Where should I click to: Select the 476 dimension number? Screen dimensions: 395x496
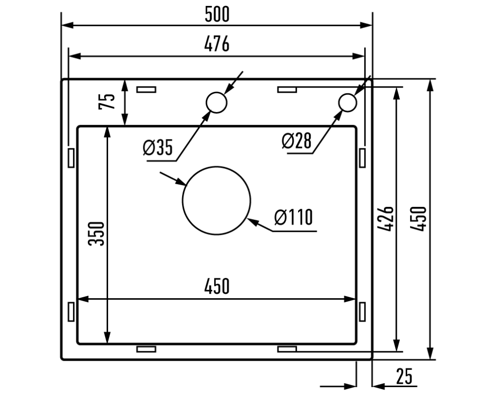217,45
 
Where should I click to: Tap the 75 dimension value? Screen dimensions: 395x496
108,102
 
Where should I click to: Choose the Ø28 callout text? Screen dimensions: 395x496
297,141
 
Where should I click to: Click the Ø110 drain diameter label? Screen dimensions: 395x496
293,217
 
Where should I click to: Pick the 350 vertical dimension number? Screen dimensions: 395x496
97,233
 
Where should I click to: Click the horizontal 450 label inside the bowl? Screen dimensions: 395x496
217,286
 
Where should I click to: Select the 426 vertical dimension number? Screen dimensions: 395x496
387,218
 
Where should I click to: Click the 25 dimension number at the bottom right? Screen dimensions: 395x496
404,377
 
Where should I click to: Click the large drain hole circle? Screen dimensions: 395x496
216,200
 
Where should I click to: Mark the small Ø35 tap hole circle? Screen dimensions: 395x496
216,102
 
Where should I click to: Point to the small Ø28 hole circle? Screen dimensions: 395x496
347,103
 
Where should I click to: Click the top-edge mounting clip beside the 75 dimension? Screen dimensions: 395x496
146,89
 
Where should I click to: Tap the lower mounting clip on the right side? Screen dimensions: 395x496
363,312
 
